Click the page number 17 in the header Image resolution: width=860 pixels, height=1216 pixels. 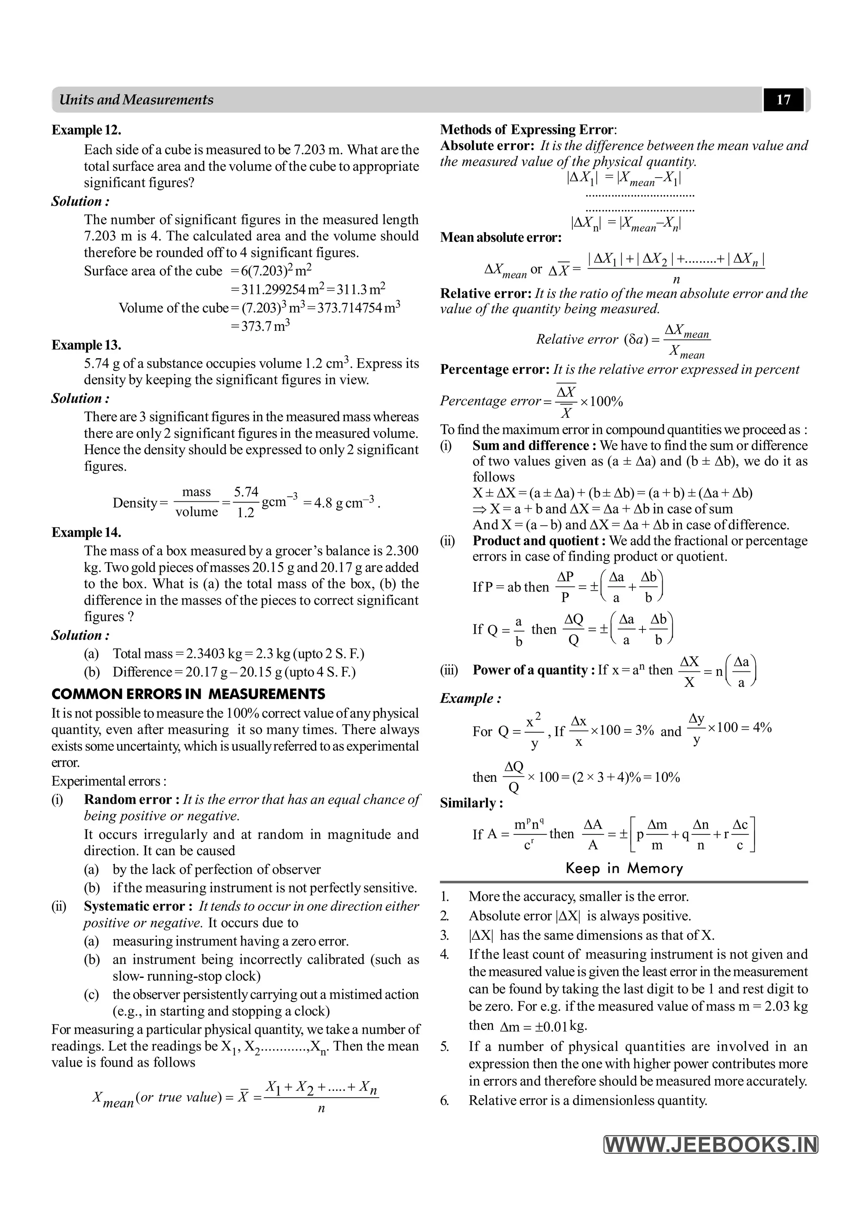point(783,100)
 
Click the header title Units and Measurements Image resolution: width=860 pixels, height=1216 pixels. point(136,100)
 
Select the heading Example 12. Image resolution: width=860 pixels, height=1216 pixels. point(87,130)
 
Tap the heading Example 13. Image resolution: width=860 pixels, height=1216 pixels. point(87,345)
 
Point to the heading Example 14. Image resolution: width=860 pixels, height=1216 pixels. point(87,532)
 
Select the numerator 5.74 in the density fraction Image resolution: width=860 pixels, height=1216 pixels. point(246,492)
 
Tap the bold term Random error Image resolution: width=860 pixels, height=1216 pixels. point(128,799)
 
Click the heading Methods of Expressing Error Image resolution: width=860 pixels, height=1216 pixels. point(527,130)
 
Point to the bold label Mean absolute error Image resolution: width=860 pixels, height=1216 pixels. point(501,237)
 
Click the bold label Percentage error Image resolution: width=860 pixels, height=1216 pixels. point(495,370)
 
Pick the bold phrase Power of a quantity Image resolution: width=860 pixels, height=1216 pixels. point(530,670)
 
